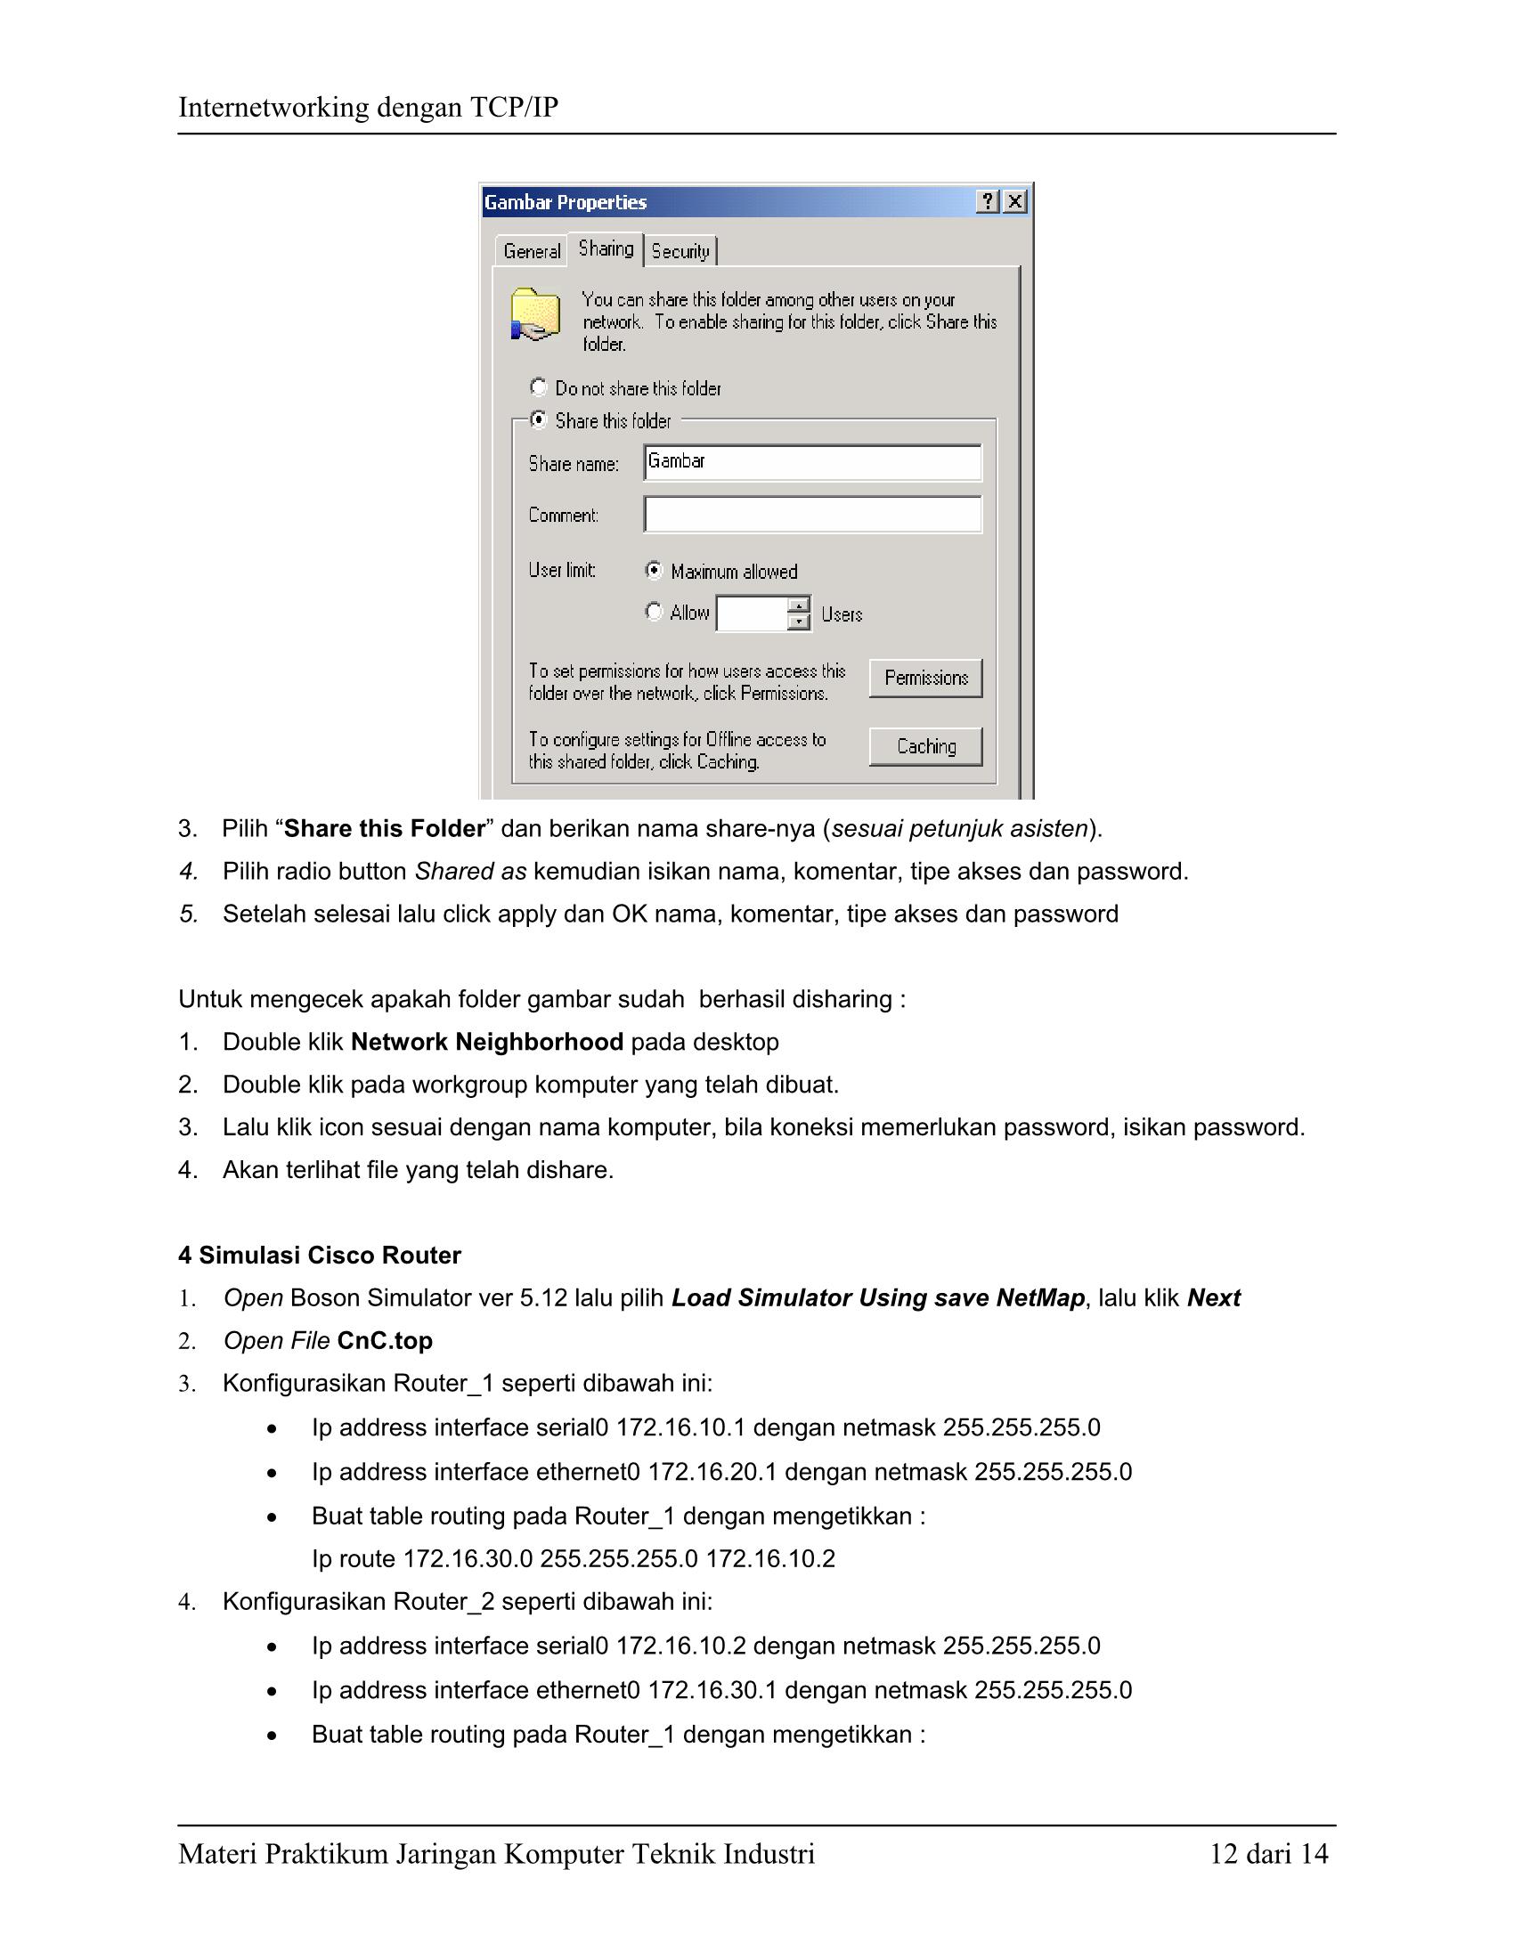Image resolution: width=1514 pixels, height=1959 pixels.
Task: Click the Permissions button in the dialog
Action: (x=925, y=679)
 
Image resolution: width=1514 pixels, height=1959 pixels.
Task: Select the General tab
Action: (x=532, y=251)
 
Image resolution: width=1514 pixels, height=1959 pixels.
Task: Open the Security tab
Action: (x=680, y=251)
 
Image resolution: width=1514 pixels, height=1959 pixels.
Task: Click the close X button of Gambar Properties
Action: (x=1014, y=202)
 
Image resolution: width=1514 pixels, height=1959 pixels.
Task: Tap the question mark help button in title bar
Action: (x=988, y=202)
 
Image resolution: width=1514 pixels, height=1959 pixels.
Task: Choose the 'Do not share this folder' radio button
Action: (x=539, y=387)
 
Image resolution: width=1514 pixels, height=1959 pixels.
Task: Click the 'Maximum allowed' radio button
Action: (x=655, y=571)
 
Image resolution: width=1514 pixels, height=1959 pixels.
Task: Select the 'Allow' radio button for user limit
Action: (x=655, y=612)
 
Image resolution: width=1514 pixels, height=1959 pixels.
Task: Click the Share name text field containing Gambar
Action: (x=812, y=462)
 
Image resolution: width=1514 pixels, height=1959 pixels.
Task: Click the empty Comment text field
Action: (x=812, y=515)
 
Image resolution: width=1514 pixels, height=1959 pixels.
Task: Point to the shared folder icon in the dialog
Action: (x=535, y=315)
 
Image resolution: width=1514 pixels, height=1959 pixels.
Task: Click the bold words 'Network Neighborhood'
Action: (x=486, y=1043)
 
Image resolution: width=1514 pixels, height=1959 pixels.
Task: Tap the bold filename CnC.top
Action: (x=385, y=1341)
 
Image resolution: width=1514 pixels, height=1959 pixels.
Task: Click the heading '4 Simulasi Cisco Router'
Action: (x=320, y=1256)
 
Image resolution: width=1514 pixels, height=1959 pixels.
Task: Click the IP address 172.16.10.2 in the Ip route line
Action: (x=769, y=1559)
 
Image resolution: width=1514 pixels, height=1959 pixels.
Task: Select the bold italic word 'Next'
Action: (x=1214, y=1298)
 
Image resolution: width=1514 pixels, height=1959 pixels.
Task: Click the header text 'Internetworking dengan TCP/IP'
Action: (x=368, y=108)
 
